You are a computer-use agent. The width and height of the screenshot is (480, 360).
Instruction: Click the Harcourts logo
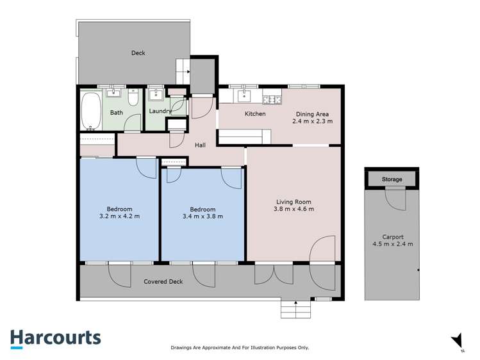[55, 338]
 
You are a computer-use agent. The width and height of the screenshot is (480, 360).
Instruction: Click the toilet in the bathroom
[133, 97]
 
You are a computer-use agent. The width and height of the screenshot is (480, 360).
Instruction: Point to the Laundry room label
[160, 111]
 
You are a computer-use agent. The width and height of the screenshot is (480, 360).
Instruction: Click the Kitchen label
[255, 113]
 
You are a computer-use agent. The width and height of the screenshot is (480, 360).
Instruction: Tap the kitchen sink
[244, 97]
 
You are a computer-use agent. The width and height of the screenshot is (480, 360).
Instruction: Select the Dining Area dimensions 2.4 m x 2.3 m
[313, 121]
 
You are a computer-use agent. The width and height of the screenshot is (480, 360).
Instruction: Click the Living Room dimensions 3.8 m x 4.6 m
[294, 208]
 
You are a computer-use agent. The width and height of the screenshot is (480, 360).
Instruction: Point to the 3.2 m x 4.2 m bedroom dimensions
[119, 217]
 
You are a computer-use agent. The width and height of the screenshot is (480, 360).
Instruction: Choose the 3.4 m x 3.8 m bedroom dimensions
[203, 217]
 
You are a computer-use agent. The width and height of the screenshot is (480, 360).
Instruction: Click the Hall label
[201, 145]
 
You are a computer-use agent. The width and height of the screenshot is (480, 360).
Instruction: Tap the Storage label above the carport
[392, 179]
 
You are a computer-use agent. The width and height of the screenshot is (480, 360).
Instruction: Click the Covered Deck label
[163, 281]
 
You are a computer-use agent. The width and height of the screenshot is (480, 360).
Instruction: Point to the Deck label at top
[138, 53]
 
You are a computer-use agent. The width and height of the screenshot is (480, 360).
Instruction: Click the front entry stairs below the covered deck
[295, 310]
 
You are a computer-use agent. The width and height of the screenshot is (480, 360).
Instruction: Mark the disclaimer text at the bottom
[240, 347]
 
